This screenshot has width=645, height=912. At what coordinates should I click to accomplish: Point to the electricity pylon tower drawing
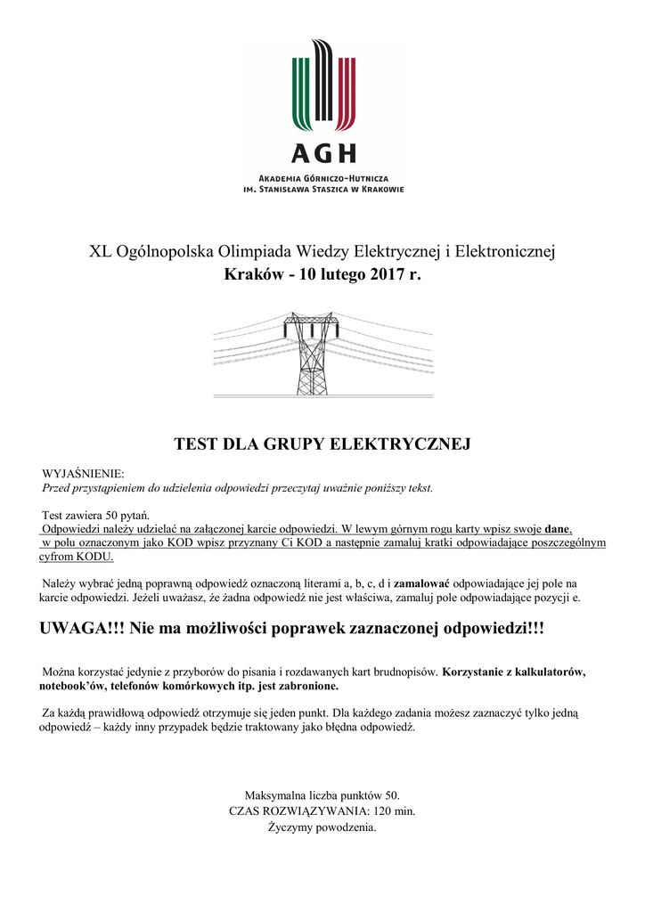pyautogui.click(x=311, y=354)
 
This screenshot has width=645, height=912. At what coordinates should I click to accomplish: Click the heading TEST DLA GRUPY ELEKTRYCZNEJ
pyautogui.click(x=322, y=444)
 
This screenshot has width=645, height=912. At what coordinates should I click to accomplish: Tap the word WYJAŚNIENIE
pyautogui.click(x=84, y=473)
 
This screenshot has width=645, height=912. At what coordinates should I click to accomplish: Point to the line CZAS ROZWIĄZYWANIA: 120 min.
pyautogui.click(x=322, y=810)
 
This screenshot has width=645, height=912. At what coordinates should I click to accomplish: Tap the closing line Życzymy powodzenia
pyautogui.click(x=322, y=827)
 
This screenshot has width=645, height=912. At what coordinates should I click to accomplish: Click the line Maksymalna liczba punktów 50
pyautogui.click(x=322, y=794)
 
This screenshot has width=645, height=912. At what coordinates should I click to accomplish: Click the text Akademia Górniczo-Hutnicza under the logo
pyautogui.click(x=322, y=179)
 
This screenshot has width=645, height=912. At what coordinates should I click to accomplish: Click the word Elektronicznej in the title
pyautogui.click(x=505, y=252)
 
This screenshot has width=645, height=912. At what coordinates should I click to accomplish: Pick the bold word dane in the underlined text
pyautogui.click(x=558, y=527)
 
